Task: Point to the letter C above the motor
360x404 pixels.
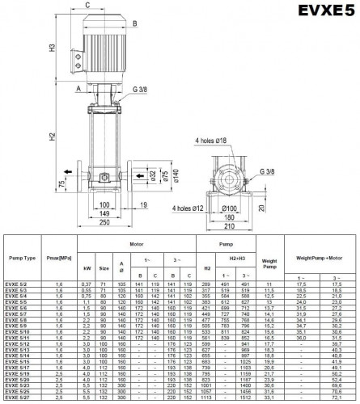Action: [x=86, y=5]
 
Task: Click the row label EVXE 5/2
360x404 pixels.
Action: [x=18, y=284]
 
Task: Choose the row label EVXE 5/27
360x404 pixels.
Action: [x=18, y=399]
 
